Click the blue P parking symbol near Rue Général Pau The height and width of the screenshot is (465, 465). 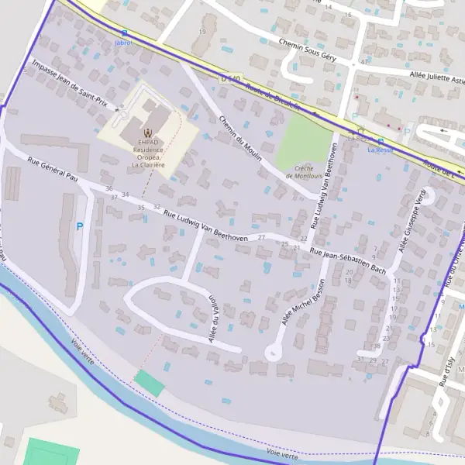coord(79,227)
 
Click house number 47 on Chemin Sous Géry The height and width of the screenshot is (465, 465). coord(364,61)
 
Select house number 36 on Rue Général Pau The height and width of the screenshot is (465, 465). coord(109,189)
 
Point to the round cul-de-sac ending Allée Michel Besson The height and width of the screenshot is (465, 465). coord(273,353)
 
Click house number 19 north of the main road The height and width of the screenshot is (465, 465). coord(202,32)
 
